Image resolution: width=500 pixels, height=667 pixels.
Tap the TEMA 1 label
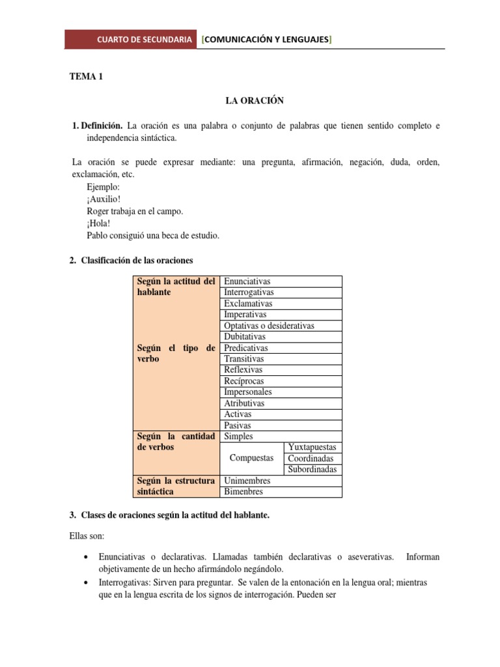pos(87,77)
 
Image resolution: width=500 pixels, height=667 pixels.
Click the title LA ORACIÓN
pos(255,101)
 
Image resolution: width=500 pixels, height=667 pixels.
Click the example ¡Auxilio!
pos(104,199)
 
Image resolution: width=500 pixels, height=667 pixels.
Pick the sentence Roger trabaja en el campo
pos(135,212)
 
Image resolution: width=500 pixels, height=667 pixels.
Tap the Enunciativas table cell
pos(247,281)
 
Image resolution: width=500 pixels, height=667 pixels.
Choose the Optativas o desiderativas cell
pos(269,326)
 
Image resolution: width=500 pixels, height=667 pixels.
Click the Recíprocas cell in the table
pos(244,381)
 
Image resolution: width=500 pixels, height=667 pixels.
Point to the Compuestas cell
pos(252,458)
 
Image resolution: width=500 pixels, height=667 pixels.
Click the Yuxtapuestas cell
pos(312,447)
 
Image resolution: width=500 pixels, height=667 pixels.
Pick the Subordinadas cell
pos(312,470)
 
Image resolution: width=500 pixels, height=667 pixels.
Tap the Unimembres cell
pos(247,481)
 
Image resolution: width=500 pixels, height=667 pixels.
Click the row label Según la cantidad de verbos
pos(176,442)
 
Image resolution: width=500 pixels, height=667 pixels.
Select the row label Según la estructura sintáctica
pos(176,486)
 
